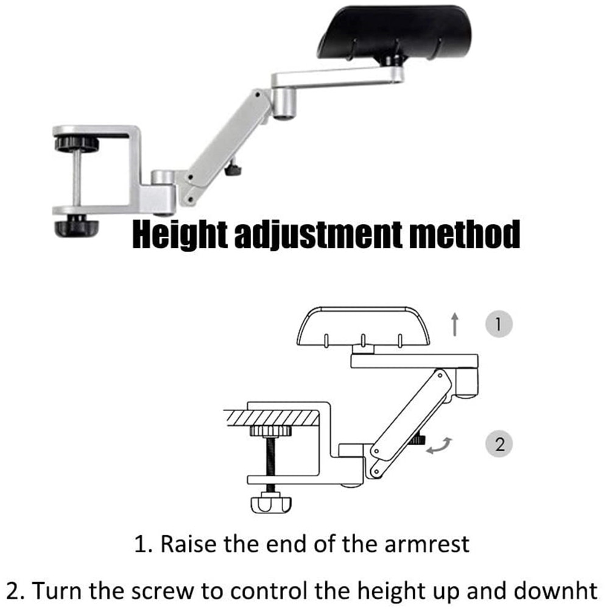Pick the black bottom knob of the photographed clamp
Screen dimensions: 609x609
(x=76, y=227)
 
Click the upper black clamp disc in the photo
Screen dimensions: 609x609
(x=76, y=144)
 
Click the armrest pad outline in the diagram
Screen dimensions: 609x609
(x=363, y=329)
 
